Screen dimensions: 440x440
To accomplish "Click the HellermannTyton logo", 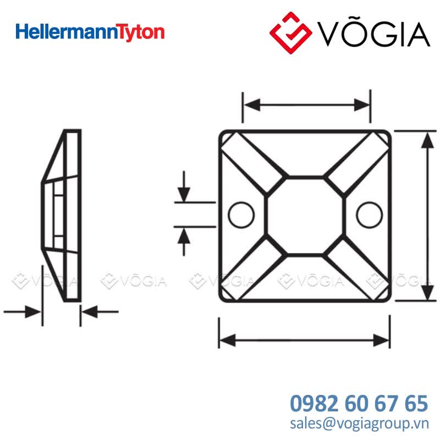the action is [90, 32].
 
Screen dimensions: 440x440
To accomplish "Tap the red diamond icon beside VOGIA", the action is [291, 32].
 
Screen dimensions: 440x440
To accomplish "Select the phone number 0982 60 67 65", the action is [359, 403].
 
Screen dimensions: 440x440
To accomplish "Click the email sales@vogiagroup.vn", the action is [359, 423].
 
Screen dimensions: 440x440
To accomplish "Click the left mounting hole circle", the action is [241, 215].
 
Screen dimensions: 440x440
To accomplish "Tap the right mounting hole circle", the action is [369, 215].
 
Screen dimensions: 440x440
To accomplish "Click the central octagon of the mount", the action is [305, 216].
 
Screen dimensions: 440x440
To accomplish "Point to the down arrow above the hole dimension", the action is [184, 186].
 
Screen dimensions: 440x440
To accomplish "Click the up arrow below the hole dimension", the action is [184, 241].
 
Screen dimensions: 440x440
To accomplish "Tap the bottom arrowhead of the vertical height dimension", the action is [428, 292].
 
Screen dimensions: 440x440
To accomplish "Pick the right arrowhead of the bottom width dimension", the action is [382, 340].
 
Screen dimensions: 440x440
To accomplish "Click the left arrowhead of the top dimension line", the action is [252, 105].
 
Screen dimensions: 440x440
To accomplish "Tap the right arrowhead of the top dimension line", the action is [362, 105].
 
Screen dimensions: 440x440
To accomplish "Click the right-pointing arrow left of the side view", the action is [23, 312].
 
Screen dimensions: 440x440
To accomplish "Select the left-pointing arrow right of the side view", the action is [100, 312].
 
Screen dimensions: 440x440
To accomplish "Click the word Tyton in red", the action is [140, 33].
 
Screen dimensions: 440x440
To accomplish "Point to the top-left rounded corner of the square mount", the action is [222, 134].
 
